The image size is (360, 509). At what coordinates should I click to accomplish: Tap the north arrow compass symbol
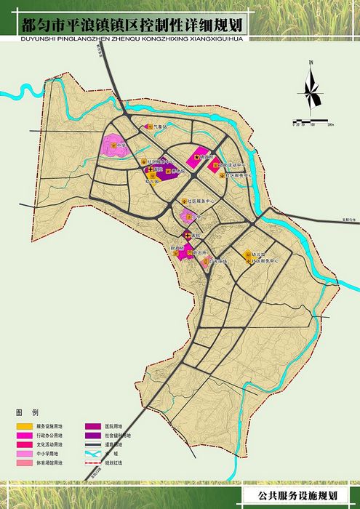310,90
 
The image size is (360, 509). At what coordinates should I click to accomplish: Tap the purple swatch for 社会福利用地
93,434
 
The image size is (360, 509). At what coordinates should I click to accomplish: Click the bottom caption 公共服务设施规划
298,496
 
